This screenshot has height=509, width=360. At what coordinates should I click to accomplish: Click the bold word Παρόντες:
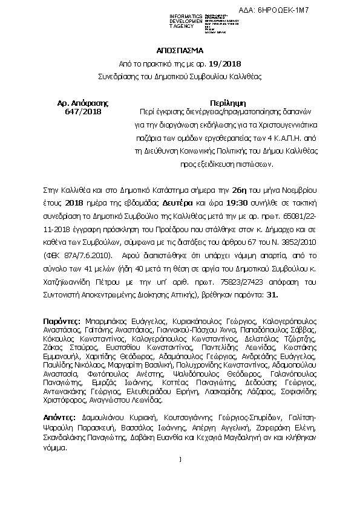62,320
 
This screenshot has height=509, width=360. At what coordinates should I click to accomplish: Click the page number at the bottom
180,461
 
